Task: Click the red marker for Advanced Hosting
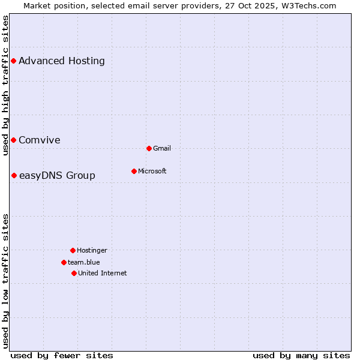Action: click(13, 61)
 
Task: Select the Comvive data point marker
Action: click(13, 140)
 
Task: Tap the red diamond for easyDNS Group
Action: click(14, 175)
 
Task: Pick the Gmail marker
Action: click(149, 148)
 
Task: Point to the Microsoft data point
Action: click(134, 171)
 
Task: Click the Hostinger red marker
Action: click(73, 250)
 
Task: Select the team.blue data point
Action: click(64, 262)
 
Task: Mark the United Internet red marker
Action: click(74, 273)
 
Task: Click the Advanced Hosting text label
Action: click(62, 61)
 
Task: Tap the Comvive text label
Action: click(40, 140)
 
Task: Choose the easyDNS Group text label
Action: click(57, 175)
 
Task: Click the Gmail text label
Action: click(162, 148)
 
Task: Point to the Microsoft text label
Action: click(152, 171)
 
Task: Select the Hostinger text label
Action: click(92, 250)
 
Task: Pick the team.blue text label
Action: click(84, 262)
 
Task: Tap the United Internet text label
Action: click(103, 273)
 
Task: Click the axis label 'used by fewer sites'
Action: click(62, 355)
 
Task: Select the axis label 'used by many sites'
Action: click(301, 355)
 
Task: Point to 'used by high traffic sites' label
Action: click(5, 85)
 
